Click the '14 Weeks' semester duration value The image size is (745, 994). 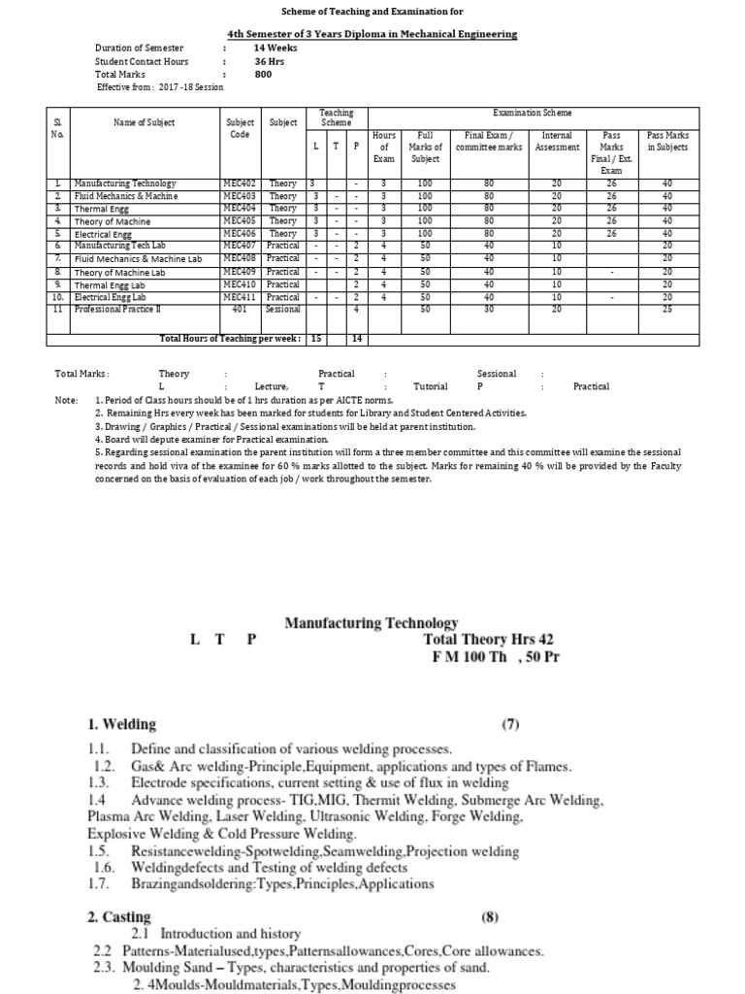pos(275,48)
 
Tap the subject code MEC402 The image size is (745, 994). pos(239,182)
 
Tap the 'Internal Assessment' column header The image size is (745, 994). pos(557,142)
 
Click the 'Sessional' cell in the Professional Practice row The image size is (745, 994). pos(284,309)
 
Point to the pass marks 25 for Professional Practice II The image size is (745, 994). pos(667,309)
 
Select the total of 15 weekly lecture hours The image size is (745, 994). pos(316,338)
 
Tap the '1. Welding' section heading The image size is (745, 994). pos(121,725)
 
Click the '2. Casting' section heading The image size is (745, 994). pos(119,916)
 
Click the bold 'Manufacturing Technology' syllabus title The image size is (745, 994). pos(372,623)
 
